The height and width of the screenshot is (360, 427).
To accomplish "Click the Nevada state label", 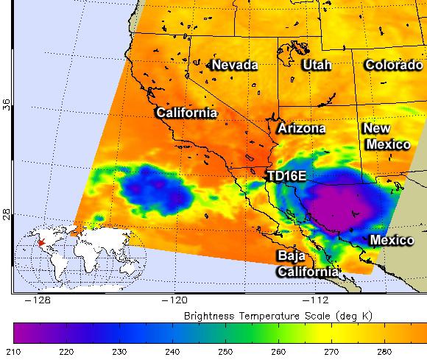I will [235, 66].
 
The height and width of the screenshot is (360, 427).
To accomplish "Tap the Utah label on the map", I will [317, 66].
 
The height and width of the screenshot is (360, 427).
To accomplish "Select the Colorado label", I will [394, 66].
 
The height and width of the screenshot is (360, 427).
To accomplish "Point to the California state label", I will [186, 113].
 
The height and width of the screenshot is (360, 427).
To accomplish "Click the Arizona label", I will [301, 128].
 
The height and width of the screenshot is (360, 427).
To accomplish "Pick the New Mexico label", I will [387, 136].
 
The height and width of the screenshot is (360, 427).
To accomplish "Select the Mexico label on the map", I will [392, 241].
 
